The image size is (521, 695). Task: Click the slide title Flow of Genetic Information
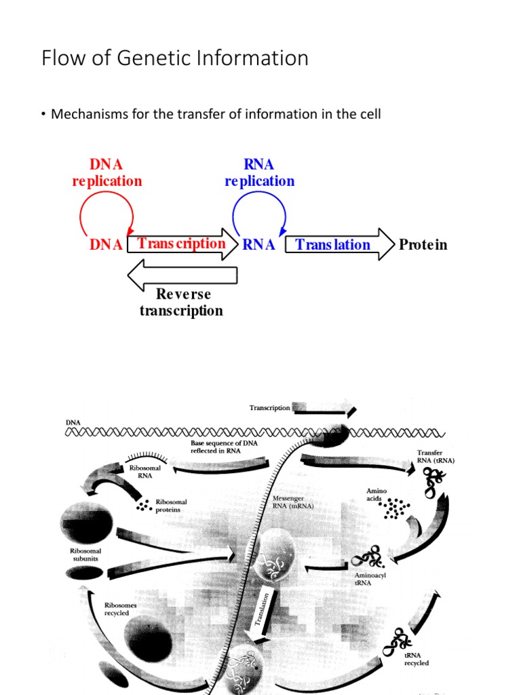(x=175, y=58)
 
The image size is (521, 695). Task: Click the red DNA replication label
(x=107, y=173)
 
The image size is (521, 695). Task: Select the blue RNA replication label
(x=259, y=173)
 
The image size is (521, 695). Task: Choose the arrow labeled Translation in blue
(x=339, y=245)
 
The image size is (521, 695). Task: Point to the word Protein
(x=423, y=245)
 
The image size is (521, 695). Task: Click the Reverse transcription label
(x=182, y=303)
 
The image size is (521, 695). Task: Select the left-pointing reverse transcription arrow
(x=182, y=275)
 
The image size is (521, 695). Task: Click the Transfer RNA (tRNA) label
(x=435, y=456)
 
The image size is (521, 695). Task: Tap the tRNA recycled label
(x=417, y=660)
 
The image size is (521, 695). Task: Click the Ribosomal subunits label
(x=85, y=555)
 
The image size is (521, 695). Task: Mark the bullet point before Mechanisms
(x=43, y=114)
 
